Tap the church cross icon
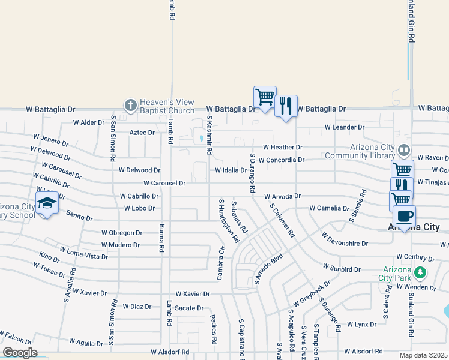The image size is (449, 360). (x=130, y=106)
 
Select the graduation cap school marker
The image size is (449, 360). (x=46, y=203)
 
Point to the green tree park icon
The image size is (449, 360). (x=421, y=273)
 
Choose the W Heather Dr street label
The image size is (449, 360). (x=283, y=147)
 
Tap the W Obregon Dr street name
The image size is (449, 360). (x=121, y=233)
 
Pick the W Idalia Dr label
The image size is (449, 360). (x=231, y=170)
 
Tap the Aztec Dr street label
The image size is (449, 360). (x=142, y=133)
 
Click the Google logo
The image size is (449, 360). (x=19, y=353)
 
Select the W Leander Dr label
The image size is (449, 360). (x=345, y=127)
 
